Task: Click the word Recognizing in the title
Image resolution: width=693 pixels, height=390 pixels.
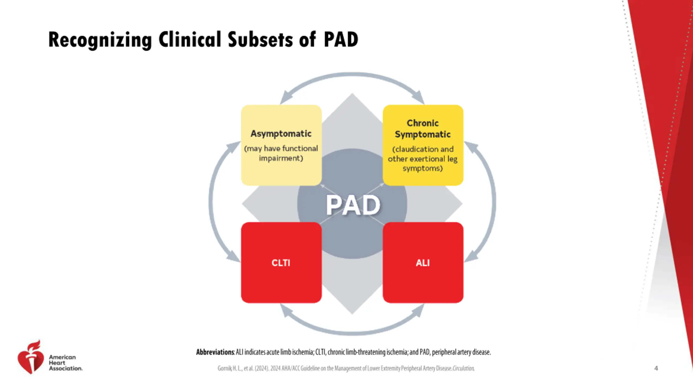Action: tap(100, 40)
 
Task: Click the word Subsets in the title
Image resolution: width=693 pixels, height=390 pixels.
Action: tap(260, 40)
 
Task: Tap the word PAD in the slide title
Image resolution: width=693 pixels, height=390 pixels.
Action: tap(341, 40)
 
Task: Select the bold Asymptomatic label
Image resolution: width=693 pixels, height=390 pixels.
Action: tap(281, 134)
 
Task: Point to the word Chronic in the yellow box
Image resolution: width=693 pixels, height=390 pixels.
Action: tap(423, 123)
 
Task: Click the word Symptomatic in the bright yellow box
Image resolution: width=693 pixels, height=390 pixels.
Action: tap(423, 135)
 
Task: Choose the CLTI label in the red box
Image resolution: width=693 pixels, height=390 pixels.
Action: tap(281, 263)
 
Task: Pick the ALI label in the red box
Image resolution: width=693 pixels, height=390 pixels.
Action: tap(423, 263)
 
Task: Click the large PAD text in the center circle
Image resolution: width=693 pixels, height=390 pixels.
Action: tap(353, 205)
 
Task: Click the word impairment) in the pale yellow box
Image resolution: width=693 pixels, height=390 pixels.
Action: tap(281, 158)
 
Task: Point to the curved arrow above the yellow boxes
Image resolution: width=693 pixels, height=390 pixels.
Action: tap(352, 74)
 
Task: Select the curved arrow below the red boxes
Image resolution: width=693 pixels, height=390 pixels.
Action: tap(352, 333)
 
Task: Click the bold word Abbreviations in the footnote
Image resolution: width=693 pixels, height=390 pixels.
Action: tap(215, 352)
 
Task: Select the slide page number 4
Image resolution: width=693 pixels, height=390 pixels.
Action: tap(656, 368)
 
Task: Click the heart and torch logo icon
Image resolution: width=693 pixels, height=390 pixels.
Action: tap(31, 357)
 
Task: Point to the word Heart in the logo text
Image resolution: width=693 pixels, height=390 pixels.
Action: tap(57, 363)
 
